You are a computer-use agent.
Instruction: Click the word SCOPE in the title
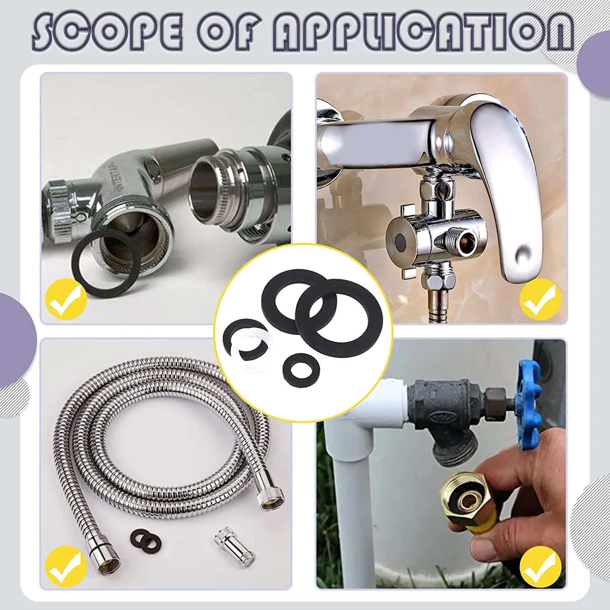click(x=107, y=32)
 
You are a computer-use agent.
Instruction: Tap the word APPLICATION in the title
click(x=423, y=32)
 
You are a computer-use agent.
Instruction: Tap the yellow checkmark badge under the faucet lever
click(x=540, y=299)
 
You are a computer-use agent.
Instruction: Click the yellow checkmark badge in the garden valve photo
click(x=540, y=566)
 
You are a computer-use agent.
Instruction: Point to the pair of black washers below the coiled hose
click(x=146, y=539)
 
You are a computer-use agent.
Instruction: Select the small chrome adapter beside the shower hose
click(x=235, y=545)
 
